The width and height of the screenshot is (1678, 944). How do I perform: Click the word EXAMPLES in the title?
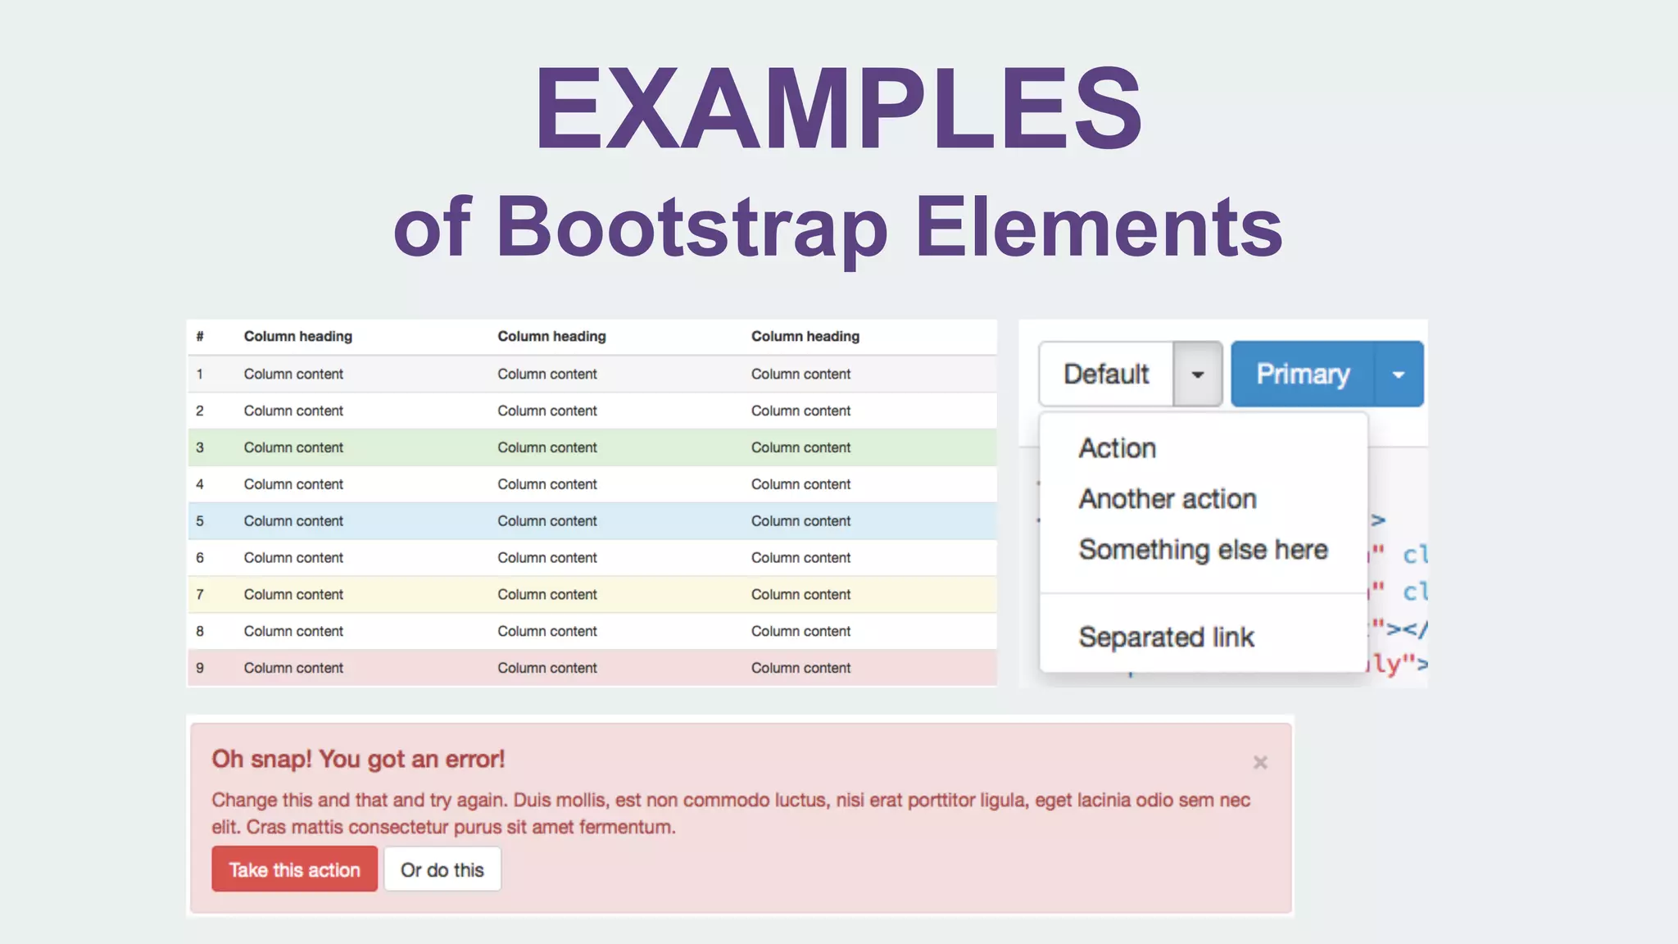[838, 108]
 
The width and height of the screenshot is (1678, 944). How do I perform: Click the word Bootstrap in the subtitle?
[692, 226]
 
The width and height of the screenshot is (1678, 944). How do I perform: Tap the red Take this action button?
[294, 869]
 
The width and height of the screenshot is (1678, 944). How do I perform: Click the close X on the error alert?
[1260, 763]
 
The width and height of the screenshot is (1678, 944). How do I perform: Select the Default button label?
[1106, 374]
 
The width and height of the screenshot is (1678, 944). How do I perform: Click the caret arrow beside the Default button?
[1198, 374]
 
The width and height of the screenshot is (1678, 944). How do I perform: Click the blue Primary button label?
[1303, 374]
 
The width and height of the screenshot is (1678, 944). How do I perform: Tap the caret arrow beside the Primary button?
[1399, 374]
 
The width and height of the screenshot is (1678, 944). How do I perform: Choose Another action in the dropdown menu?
[1168, 499]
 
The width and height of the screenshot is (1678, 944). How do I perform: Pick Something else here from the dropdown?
[1203, 550]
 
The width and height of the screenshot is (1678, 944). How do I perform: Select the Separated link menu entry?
[1166, 638]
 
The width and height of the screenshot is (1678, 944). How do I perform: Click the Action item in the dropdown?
[1117, 448]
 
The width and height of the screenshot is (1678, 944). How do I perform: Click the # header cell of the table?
[200, 337]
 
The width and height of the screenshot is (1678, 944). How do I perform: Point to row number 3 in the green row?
[200, 447]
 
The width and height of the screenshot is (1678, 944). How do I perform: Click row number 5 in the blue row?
[200, 521]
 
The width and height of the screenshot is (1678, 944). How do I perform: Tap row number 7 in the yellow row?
[200, 595]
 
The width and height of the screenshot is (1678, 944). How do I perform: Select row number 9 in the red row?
[200, 668]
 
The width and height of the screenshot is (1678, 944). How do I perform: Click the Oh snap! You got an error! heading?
[358, 760]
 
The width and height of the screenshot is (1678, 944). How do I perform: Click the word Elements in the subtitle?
[1098, 226]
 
